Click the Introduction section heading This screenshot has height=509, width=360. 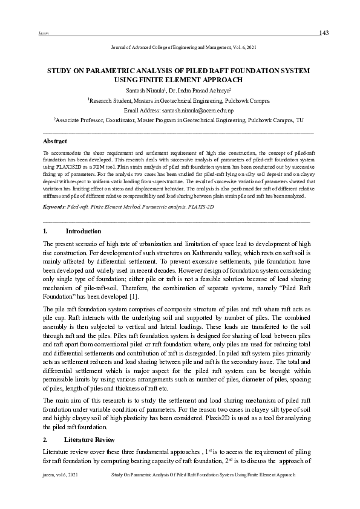coord(83,232)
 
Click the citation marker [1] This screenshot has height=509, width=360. coord(134,296)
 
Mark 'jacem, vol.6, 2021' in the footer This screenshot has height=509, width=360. coord(58,476)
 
